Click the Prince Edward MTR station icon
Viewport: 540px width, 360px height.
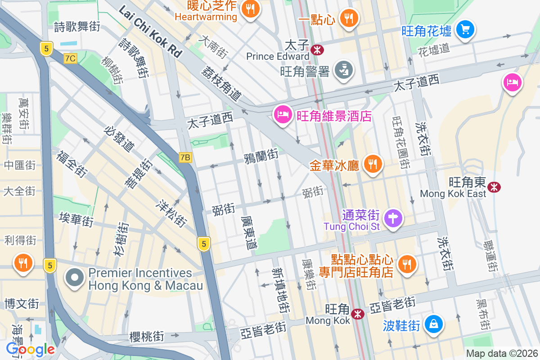[317, 49]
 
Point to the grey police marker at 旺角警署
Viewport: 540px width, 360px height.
[344, 70]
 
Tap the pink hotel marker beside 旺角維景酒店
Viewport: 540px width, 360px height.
[282, 115]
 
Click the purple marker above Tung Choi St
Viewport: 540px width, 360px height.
[393, 219]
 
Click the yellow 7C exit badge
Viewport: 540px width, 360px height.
[70, 58]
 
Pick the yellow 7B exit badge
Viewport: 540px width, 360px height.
[185, 157]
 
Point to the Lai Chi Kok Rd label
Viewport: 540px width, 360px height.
[150, 31]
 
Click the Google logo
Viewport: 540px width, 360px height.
[30, 349]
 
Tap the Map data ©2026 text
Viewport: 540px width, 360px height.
[502, 354]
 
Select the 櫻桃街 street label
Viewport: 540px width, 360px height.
[147, 337]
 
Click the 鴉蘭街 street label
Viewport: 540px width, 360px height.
[261, 156]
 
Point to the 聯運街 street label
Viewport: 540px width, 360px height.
[490, 256]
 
